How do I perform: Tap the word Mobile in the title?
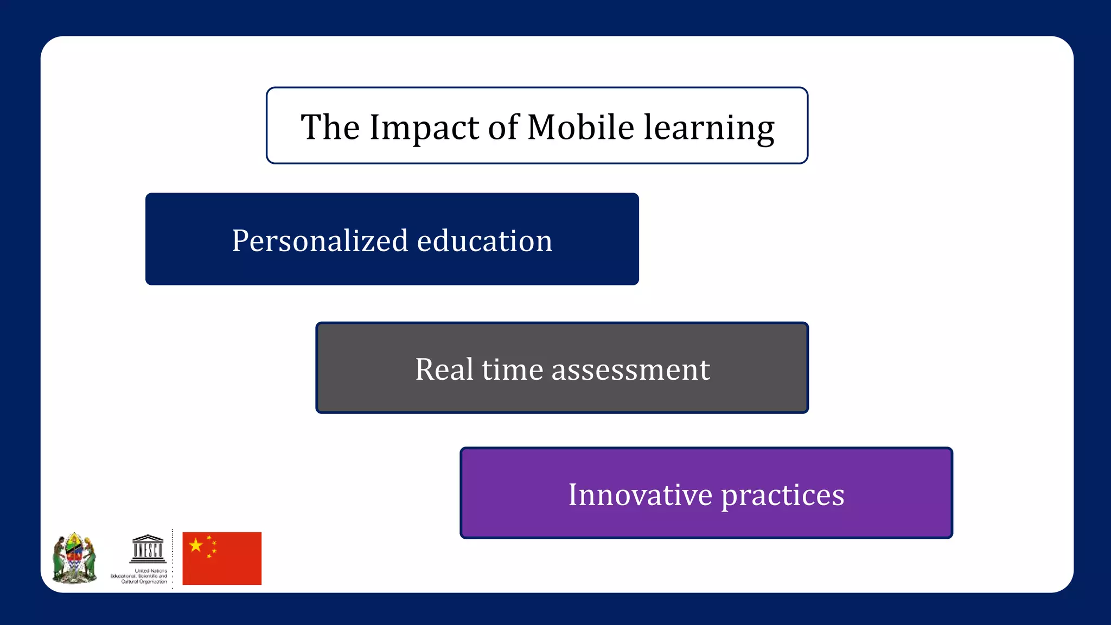coord(580,128)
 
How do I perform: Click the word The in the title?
coord(330,128)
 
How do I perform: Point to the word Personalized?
coord(320,241)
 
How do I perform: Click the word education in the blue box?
coord(484,241)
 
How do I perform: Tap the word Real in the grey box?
coord(444,369)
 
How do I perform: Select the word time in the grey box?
coord(512,369)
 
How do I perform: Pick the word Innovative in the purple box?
coord(640,495)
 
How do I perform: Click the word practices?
coord(782,496)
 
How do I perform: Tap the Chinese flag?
coord(222,559)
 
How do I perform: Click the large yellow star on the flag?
coord(196,545)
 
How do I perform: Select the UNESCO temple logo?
coord(148,549)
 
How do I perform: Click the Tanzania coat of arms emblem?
coord(74,558)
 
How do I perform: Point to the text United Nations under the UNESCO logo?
coord(151,571)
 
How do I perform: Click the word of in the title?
coord(502,128)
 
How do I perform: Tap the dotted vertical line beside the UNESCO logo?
coord(173,559)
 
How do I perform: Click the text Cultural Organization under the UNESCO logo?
coord(144,582)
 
